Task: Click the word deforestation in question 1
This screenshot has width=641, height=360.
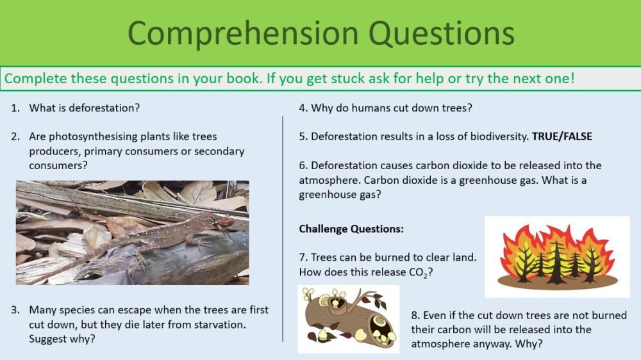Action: [x=106, y=108]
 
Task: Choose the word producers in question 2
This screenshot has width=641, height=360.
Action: [x=53, y=151]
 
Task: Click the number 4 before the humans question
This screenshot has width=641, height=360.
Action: [x=303, y=108]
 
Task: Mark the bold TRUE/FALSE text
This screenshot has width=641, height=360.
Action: [x=562, y=136]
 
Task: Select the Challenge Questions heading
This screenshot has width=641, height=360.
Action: [x=351, y=229]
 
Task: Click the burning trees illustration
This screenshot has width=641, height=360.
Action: [x=557, y=256]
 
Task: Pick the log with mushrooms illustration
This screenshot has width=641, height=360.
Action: [x=348, y=318]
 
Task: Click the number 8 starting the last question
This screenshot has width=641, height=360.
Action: [x=415, y=315]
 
